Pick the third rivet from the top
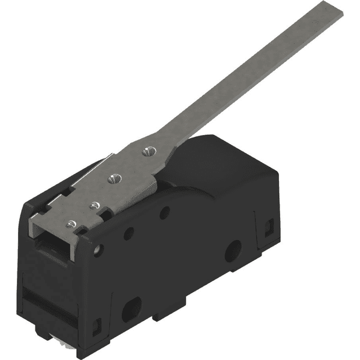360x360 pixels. pyautogui.click(x=94, y=205)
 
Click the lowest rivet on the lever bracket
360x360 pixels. pyautogui.click(x=71, y=224)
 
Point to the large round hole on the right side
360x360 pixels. pyautogui.click(x=233, y=250)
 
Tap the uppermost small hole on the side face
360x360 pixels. pyautogui.click(x=164, y=212)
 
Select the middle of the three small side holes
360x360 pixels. pyautogui.click(x=128, y=233)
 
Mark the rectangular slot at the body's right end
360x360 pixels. pyautogui.click(x=269, y=226)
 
